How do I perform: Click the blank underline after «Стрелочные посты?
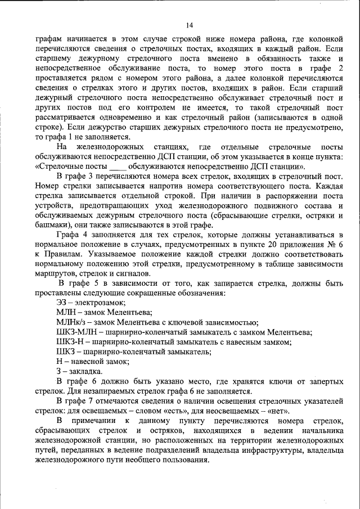click(116, 167)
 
